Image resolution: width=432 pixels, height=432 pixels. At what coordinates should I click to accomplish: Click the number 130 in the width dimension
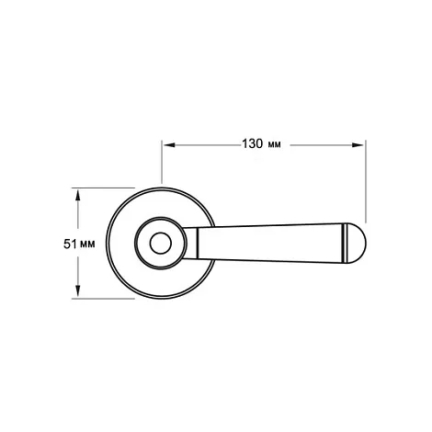tap(253, 143)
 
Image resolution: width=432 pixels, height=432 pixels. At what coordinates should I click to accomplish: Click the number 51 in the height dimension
tap(70, 244)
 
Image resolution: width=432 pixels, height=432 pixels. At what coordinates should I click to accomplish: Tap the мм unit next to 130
tap(274, 144)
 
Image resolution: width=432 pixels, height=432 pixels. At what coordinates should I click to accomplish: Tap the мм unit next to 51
tap(87, 244)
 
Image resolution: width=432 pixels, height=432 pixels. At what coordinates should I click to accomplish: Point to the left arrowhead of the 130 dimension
tap(169, 145)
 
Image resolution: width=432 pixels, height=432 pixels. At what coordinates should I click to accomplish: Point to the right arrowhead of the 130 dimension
tap(358, 145)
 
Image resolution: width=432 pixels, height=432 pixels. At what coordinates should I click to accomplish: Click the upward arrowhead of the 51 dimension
tap(78, 195)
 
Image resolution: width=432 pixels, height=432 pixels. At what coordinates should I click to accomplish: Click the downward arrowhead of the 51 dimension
tap(78, 290)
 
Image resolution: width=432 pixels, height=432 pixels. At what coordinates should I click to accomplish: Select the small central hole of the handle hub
tap(161, 244)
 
